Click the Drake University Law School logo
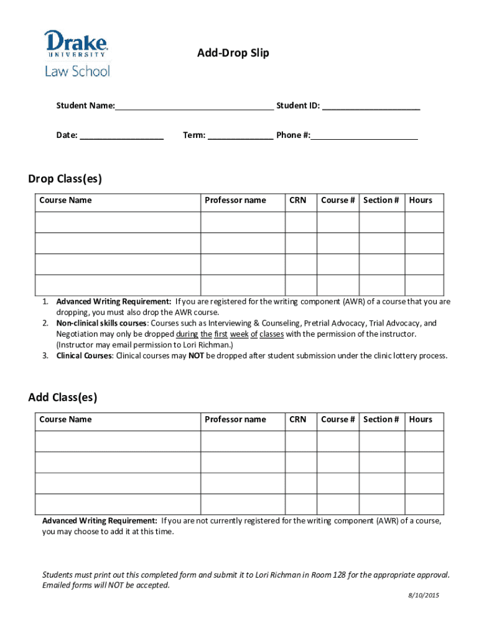(x=77, y=53)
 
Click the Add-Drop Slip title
(x=233, y=53)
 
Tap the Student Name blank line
(x=194, y=106)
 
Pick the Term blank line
(x=240, y=135)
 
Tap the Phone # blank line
(x=364, y=135)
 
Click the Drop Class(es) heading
(x=65, y=179)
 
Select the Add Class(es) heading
(x=62, y=397)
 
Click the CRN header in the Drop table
(x=298, y=200)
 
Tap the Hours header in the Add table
(x=421, y=419)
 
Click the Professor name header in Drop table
(x=235, y=200)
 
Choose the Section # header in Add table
(x=381, y=419)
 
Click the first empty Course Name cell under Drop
(x=118, y=222)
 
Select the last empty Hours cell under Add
(x=424, y=504)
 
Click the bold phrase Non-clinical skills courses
(x=102, y=323)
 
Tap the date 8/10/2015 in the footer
(x=424, y=596)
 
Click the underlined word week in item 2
(x=240, y=334)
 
